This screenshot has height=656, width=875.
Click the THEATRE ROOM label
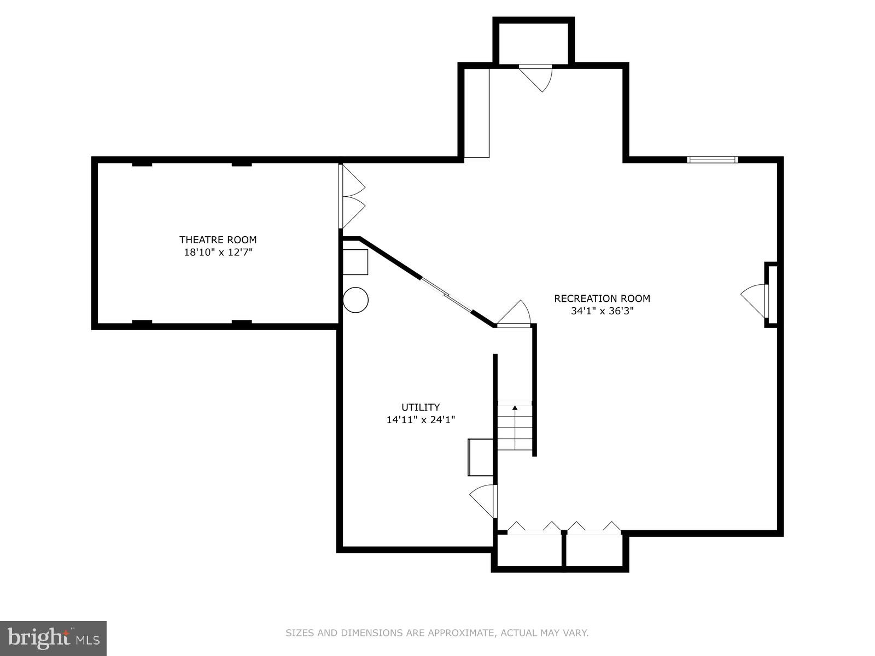[218, 239]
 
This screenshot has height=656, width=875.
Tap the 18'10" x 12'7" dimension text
[218, 253]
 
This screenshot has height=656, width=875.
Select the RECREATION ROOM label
[602, 298]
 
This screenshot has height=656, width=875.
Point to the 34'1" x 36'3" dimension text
[602, 311]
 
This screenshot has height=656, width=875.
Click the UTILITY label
[421, 407]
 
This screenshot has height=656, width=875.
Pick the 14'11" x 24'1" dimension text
[421, 420]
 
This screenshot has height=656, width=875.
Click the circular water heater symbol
[355, 300]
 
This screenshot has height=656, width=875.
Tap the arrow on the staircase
[515, 407]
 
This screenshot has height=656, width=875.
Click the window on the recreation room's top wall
[712, 160]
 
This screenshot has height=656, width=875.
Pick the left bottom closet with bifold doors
[529, 549]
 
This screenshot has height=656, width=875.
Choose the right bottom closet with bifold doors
[594, 549]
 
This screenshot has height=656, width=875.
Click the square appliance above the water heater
[355, 262]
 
